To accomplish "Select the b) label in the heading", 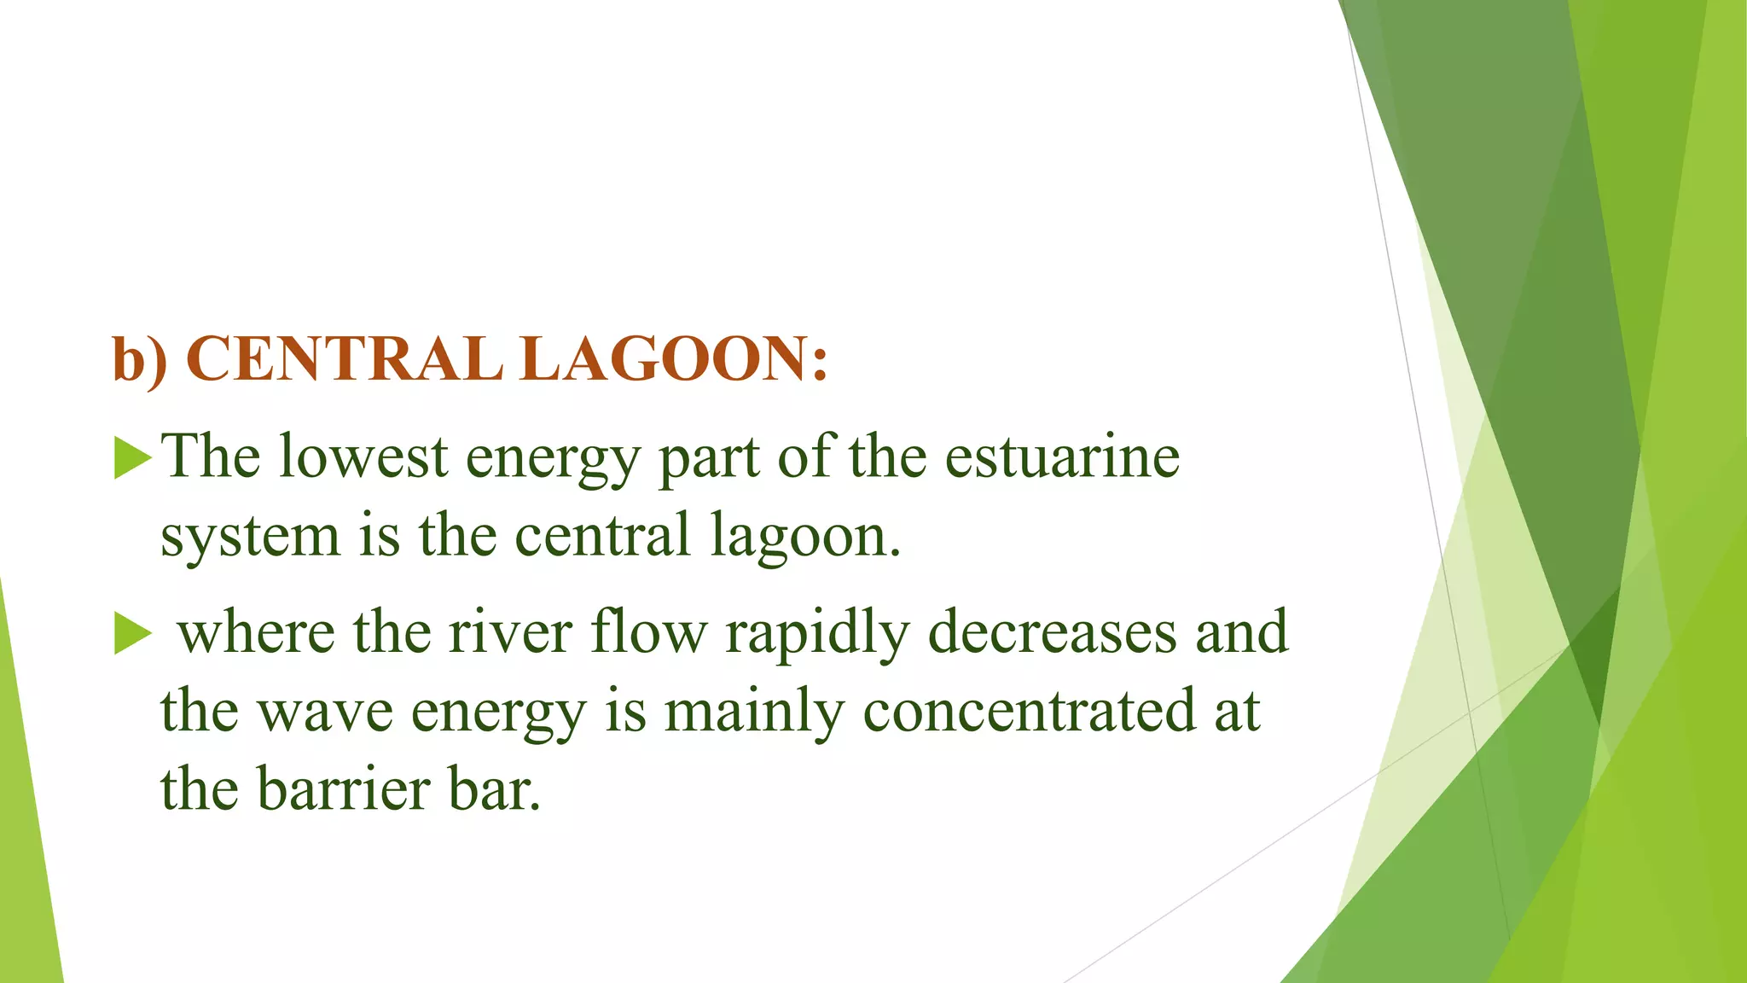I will (x=140, y=358).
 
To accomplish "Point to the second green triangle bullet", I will (x=131, y=635).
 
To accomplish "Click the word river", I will (x=510, y=633).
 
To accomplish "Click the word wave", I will (x=326, y=713).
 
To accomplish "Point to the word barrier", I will (x=344, y=789).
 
